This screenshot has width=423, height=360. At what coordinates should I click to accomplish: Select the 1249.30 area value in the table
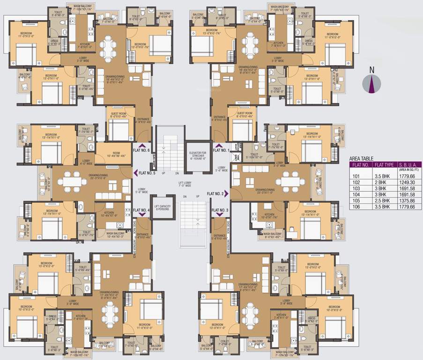pyautogui.click(x=406, y=182)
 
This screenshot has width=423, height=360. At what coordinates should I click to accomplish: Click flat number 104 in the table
pyautogui.click(x=358, y=194)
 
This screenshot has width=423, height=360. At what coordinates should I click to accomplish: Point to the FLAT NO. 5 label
pyautogui.click(x=146, y=172)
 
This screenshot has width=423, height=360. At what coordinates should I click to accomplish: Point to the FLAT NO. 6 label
pyautogui.click(x=141, y=151)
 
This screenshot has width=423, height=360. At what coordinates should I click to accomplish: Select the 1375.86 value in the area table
pyautogui.click(x=406, y=200)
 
